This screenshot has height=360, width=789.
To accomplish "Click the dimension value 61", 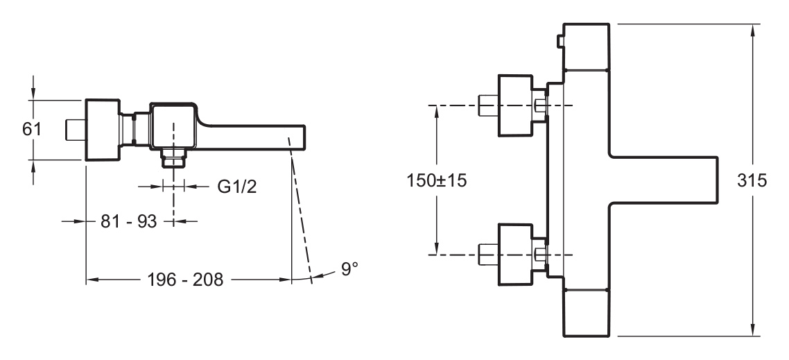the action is (31, 129).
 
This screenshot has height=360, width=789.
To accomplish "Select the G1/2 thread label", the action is (237, 187).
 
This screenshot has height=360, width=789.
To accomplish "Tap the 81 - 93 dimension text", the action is (129, 221).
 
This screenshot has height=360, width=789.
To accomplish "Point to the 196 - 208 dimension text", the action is (184, 280).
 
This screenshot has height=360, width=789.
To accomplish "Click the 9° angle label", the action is (349, 268).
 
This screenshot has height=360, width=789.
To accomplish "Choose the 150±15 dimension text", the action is (437, 180).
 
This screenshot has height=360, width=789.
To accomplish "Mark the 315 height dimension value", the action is (752, 180).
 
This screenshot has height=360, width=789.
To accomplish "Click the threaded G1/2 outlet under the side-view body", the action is (173, 159).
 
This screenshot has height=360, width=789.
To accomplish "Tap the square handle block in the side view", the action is (103, 130).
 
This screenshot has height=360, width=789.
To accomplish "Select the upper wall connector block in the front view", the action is (515, 105).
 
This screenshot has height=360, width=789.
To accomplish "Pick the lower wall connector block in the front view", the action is (515, 255).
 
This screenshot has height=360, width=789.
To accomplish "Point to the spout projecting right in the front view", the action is (664, 180).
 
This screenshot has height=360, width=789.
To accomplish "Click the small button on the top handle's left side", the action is (560, 42).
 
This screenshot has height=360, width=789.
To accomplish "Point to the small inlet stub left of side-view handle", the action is (76, 130).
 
